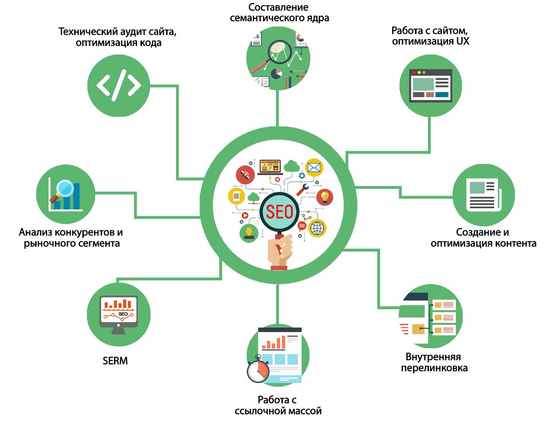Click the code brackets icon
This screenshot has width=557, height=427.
coord(119,85)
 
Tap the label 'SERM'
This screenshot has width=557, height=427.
coord(115,361)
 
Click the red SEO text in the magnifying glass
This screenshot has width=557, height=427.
coord(277,212)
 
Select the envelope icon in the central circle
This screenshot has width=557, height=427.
coord(314,168)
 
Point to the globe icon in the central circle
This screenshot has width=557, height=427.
coord(317,228)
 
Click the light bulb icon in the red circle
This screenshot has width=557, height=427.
coord(325,197)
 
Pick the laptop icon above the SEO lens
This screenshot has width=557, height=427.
coord(270,167)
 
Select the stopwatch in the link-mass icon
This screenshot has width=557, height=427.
coord(258,370)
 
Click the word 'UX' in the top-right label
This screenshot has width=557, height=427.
coord(463,41)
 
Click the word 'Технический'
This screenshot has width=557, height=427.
coord(87,32)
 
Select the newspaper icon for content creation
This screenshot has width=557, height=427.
coord(483,194)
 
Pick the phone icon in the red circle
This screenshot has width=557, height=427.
coord(245,175)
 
